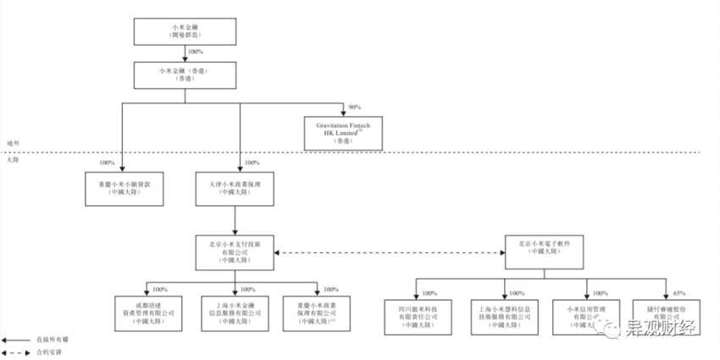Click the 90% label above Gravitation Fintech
click(354, 108)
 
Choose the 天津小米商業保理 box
click(240, 187)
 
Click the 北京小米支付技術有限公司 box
click(240, 252)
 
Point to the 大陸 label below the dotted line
click(12, 159)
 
